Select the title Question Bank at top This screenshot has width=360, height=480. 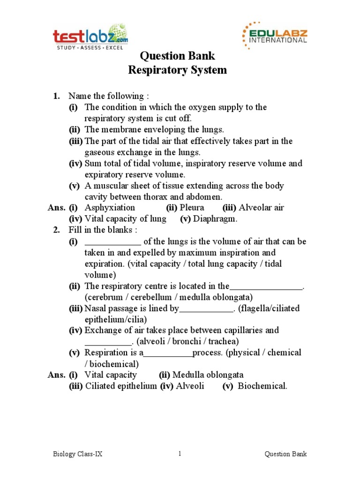click(178, 56)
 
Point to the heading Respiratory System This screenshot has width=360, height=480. click(178, 70)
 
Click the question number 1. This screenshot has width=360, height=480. click(56, 96)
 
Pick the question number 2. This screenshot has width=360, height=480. click(56, 230)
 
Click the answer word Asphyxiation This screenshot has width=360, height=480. click(110, 208)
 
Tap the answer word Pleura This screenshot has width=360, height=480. click(192, 208)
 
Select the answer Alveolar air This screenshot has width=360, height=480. click(262, 208)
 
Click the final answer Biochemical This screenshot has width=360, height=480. click(262, 386)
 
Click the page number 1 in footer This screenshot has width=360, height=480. click(180, 454)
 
